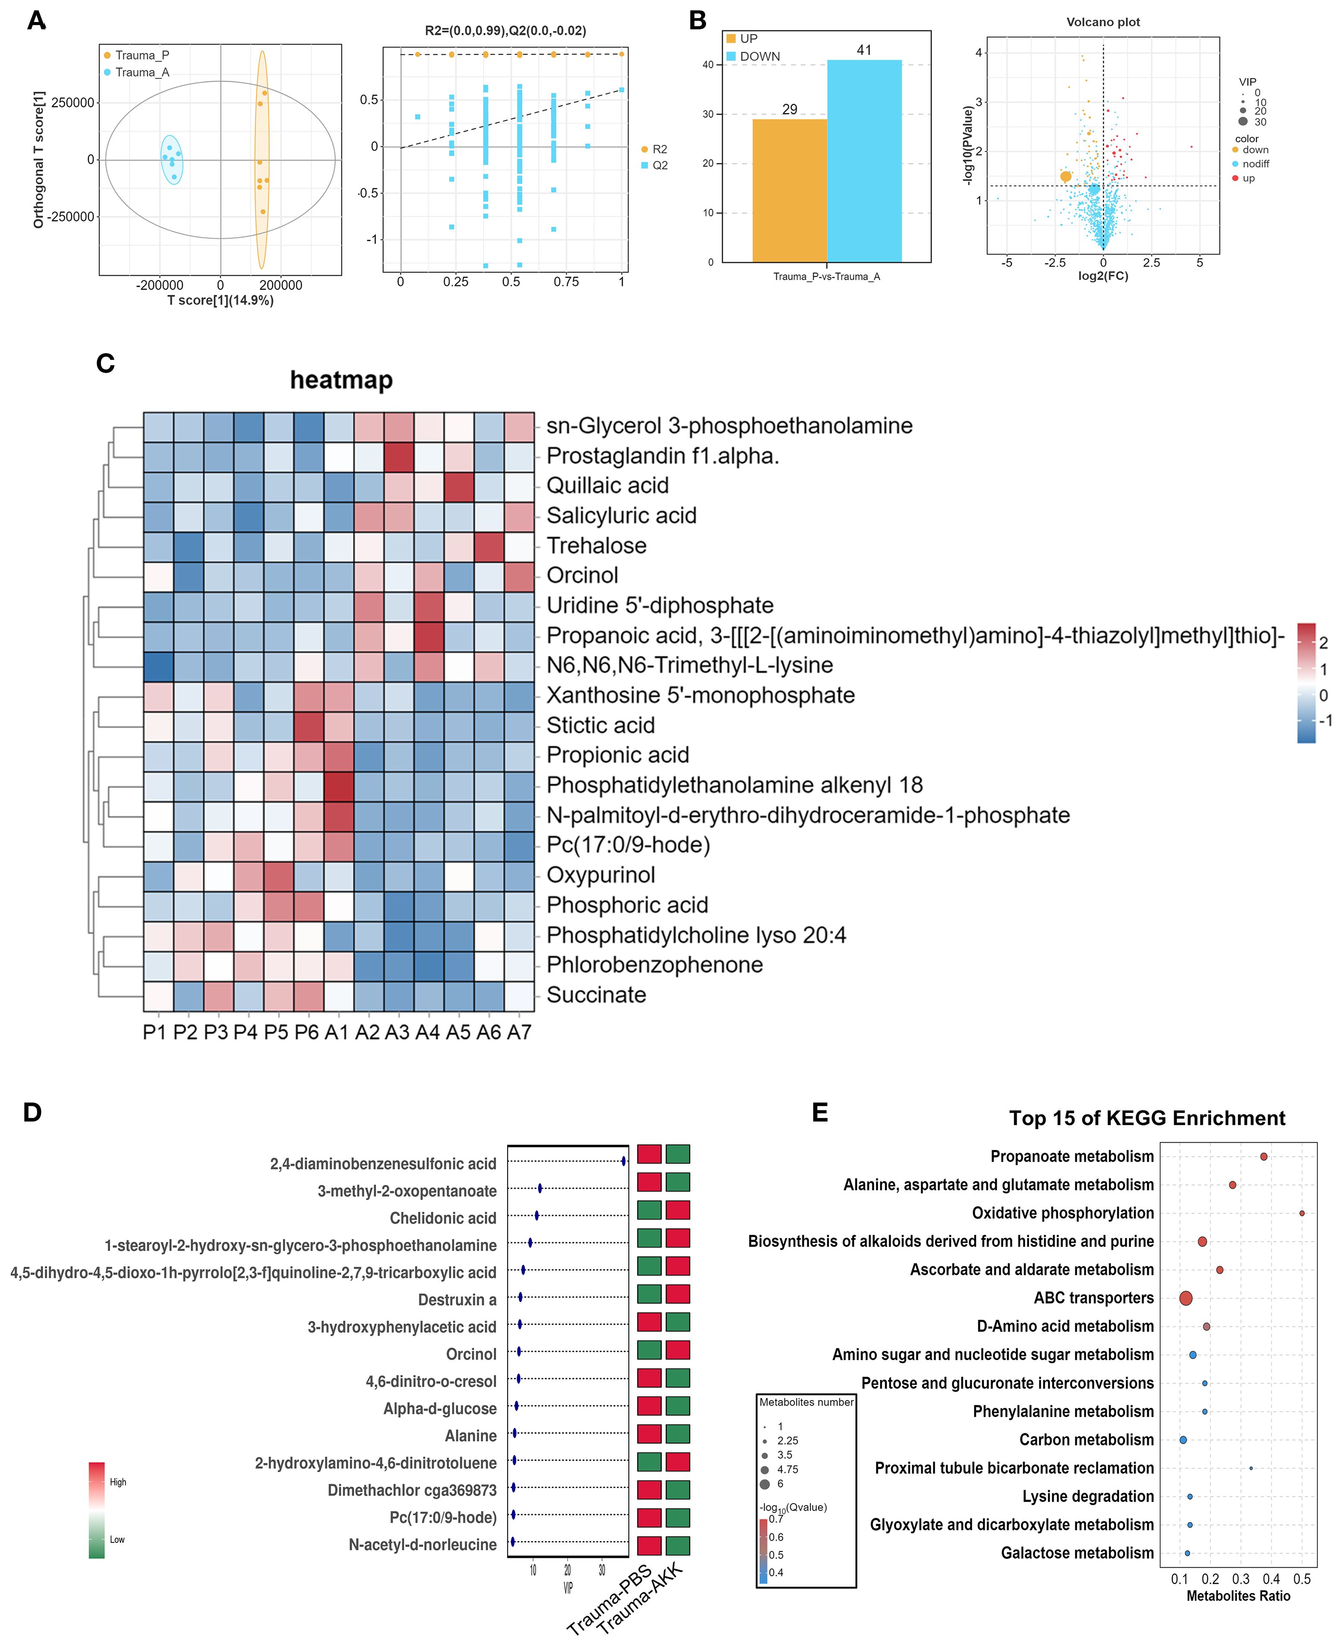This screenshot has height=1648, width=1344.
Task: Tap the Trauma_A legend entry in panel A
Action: point(141,72)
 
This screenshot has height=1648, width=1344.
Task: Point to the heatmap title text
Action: point(342,379)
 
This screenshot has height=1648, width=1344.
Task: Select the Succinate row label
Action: point(596,995)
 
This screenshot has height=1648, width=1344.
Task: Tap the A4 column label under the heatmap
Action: point(427,1032)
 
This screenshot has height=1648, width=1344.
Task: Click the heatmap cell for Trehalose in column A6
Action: point(489,546)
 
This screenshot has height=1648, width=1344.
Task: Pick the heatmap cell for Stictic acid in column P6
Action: point(308,725)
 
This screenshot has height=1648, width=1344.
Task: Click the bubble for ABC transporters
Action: point(1185,1298)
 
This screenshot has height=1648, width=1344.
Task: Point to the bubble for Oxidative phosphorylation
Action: point(1301,1213)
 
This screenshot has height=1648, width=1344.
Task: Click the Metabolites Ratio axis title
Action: point(1238,1595)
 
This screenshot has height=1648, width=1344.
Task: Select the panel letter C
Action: point(105,363)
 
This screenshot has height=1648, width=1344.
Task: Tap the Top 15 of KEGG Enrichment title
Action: point(1146,1118)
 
